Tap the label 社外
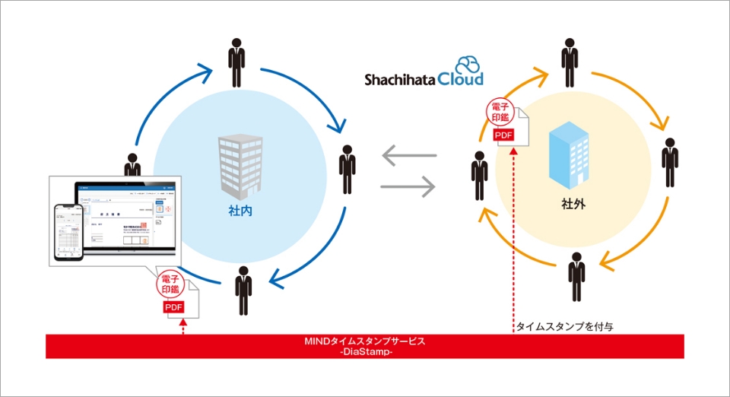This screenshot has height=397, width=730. coord(571,205)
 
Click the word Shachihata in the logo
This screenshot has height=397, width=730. coord(400,80)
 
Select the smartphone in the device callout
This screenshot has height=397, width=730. coord(68,233)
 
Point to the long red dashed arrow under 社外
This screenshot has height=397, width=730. coord(514,236)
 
